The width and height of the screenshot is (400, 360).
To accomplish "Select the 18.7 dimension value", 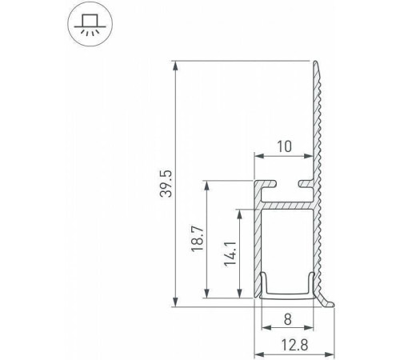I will pos(197,239).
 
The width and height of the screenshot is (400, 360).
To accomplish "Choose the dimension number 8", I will pos(288,318).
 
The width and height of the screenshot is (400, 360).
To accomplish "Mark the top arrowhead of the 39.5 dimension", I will pos(174,65).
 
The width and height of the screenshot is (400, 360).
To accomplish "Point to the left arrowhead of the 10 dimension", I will pos(258,156).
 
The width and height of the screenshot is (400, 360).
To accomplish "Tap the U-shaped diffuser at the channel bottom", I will pos(286,291).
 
